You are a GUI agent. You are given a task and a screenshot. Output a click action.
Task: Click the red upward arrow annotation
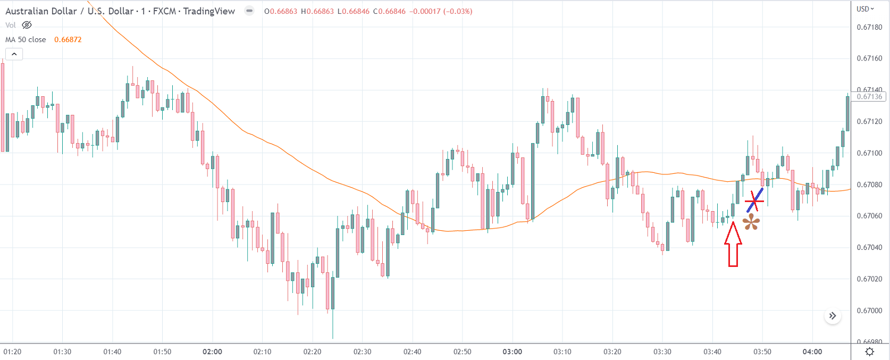tap(733, 244)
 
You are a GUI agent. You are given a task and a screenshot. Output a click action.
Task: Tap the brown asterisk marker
tap(751, 222)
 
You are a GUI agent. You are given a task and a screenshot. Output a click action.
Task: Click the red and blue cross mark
tap(754, 200)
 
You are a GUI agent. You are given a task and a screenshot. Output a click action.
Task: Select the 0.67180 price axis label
tap(869, 27)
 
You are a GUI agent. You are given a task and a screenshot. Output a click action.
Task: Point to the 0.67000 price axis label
tap(869, 311)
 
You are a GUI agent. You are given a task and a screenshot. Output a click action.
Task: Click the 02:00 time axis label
tap(212, 351)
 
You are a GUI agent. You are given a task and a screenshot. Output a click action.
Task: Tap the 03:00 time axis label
tap(512, 351)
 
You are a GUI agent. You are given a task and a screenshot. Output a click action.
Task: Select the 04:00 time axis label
tap(812, 351)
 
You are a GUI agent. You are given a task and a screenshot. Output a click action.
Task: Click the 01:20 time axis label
tap(12, 351)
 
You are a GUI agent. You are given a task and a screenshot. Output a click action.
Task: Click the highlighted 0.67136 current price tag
tap(869, 97)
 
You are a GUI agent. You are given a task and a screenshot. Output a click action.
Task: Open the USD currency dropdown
tap(865, 9)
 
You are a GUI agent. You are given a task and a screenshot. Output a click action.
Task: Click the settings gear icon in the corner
tap(870, 351)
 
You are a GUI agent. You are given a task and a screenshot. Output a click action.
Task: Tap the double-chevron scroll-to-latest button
tap(833, 316)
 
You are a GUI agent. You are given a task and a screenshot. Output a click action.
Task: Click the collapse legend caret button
tap(14, 54)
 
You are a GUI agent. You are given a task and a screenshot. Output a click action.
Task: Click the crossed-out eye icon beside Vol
tap(27, 25)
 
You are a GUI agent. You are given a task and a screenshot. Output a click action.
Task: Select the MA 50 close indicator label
tap(26, 39)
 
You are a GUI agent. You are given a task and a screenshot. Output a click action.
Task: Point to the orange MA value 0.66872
tap(68, 39)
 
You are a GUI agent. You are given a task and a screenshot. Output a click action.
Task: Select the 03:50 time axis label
tap(762, 351)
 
